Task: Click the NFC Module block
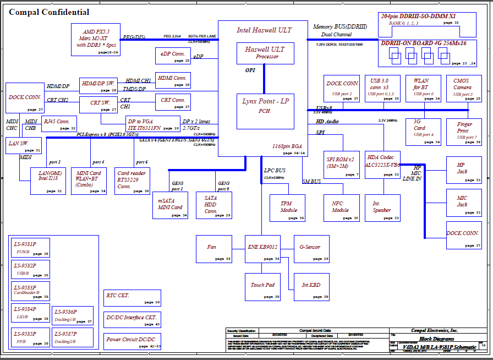coord(341,208)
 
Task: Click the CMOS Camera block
coord(462,88)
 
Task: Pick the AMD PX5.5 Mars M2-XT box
coord(96,40)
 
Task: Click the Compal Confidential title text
coord(50,12)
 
